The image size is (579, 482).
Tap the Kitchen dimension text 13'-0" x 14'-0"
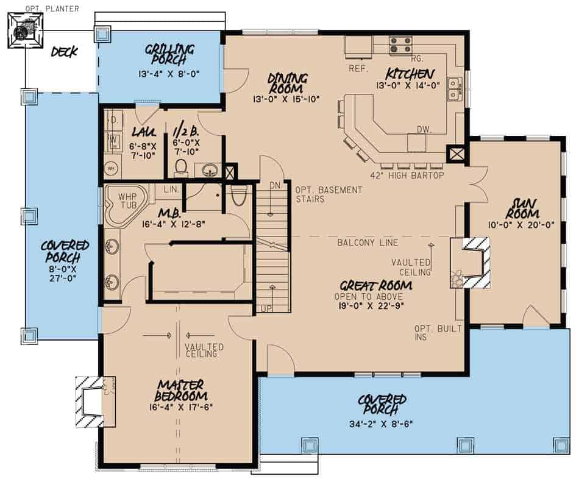[x=408, y=86]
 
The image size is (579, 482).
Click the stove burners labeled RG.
[x=400, y=44]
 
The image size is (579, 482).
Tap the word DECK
[x=64, y=52]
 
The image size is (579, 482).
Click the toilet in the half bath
[x=181, y=166]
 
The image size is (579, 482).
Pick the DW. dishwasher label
[x=424, y=129]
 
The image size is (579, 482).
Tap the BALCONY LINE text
[x=368, y=243]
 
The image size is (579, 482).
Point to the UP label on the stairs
[x=267, y=308]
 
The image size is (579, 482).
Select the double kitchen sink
[x=453, y=89]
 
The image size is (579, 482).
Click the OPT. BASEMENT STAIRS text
[x=329, y=194]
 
